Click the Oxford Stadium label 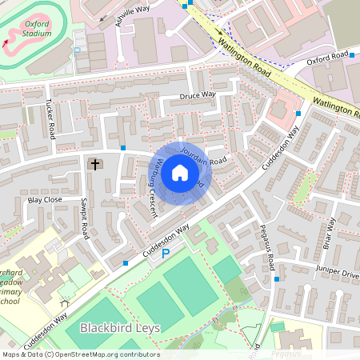point(37,30)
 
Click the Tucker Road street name point(50,116)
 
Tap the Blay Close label point(45,200)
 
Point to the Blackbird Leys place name point(119,328)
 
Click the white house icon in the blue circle point(180,174)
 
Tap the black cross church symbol point(95,164)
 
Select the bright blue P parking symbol point(166,254)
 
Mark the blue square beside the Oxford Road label point(352,54)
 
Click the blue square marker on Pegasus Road point(277,279)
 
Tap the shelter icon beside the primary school point(64,303)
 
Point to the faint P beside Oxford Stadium point(77,50)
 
